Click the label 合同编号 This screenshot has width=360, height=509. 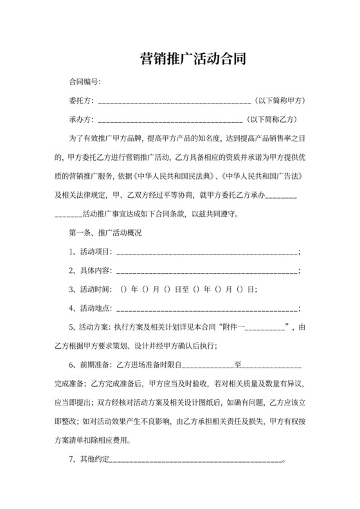(84, 83)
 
